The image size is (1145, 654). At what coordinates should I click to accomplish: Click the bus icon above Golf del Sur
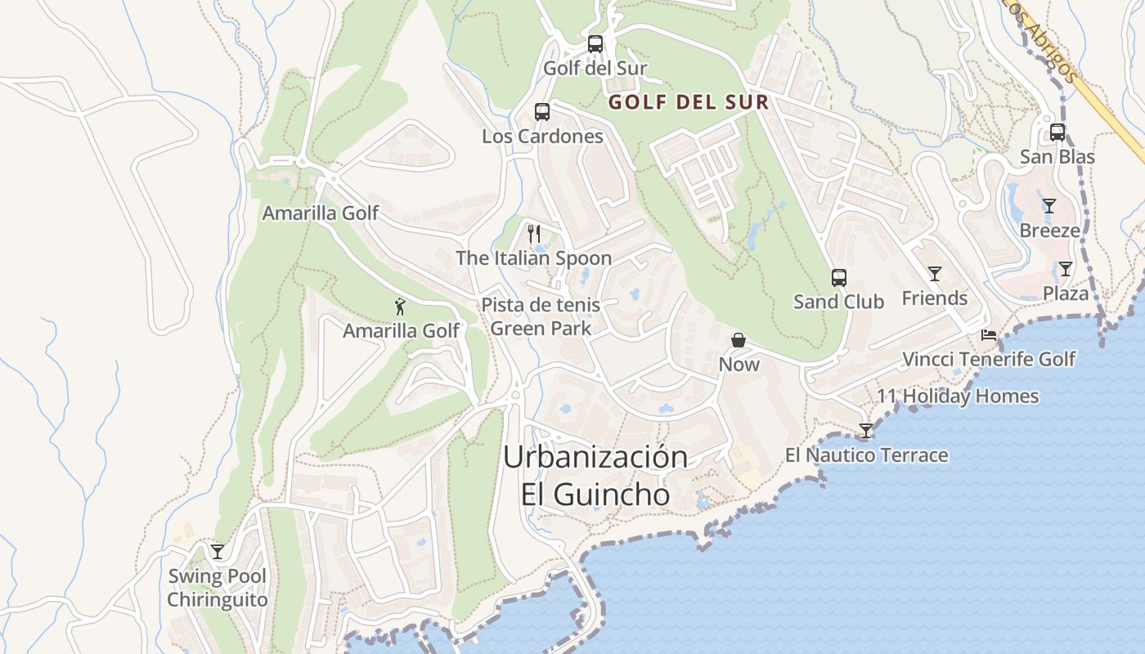click(595, 44)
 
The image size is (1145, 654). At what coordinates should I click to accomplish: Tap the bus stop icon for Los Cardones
click(541, 112)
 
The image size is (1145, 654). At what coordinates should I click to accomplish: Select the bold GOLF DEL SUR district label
click(688, 102)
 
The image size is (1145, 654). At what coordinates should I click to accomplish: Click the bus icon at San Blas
click(1057, 132)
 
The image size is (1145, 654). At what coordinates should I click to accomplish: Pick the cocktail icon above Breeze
click(1048, 206)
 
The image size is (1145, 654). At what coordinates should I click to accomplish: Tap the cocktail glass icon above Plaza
click(1065, 269)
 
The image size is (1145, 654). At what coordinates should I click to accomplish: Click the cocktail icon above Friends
click(934, 274)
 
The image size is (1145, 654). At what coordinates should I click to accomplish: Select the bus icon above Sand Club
click(838, 278)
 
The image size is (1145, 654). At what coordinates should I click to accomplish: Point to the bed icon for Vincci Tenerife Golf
click(989, 335)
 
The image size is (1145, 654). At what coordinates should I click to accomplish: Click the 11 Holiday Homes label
click(958, 396)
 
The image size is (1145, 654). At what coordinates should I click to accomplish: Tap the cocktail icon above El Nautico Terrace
click(866, 431)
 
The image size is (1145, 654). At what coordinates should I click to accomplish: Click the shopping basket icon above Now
click(739, 340)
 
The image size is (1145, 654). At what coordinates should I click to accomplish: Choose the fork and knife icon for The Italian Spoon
click(534, 234)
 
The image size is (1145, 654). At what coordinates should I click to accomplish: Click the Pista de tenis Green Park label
click(541, 316)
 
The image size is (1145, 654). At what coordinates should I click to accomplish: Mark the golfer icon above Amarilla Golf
click(400, 307)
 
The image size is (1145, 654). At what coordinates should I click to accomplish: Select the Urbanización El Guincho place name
click(595, 475)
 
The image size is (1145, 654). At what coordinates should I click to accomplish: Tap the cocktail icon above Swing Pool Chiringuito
click(217, 552)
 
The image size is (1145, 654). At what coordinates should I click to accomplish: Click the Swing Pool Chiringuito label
click(217, 588)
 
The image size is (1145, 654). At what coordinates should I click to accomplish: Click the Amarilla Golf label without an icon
click(320, 213)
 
